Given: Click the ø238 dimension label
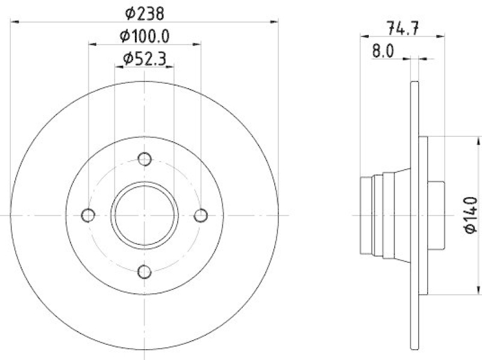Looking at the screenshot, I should click(x=145, y=12).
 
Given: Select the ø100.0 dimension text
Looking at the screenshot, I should click(x=145, y=36).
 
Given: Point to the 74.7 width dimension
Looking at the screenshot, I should click(x=402, y=27).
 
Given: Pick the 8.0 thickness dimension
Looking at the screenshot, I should click(x=383, y=51).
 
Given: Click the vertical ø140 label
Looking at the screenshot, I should click(x=471, y=215).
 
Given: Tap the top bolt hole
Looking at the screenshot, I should click(x=144, y=159).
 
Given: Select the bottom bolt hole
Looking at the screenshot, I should click(x=144, y=272).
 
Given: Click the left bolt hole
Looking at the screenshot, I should click(x=88, y=215).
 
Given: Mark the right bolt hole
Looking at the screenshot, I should click(x=201, y=215).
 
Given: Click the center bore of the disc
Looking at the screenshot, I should click(x=145, y=215).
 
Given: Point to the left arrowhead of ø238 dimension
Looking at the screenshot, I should click(x=14, y=22).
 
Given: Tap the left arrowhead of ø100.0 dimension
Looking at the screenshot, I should click(x=92, y=44).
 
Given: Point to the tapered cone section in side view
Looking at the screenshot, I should click(x=395, y=215).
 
